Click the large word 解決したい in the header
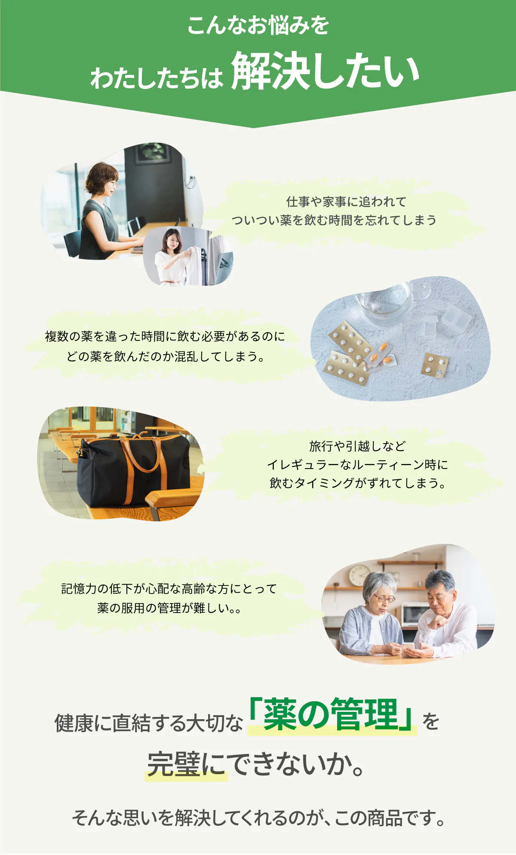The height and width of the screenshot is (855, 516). coord(325,71)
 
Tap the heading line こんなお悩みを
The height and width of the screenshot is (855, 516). coord(258,25)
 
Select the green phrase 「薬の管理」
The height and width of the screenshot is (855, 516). coord(332,714)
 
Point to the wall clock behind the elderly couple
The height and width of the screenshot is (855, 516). coord(359,575)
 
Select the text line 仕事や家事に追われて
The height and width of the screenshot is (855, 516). coord(346,202)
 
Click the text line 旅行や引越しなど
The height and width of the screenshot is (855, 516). coord(357,446)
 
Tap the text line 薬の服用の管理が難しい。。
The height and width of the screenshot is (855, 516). coord(169,608)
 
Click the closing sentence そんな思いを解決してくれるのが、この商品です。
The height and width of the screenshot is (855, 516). coord(258,818)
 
